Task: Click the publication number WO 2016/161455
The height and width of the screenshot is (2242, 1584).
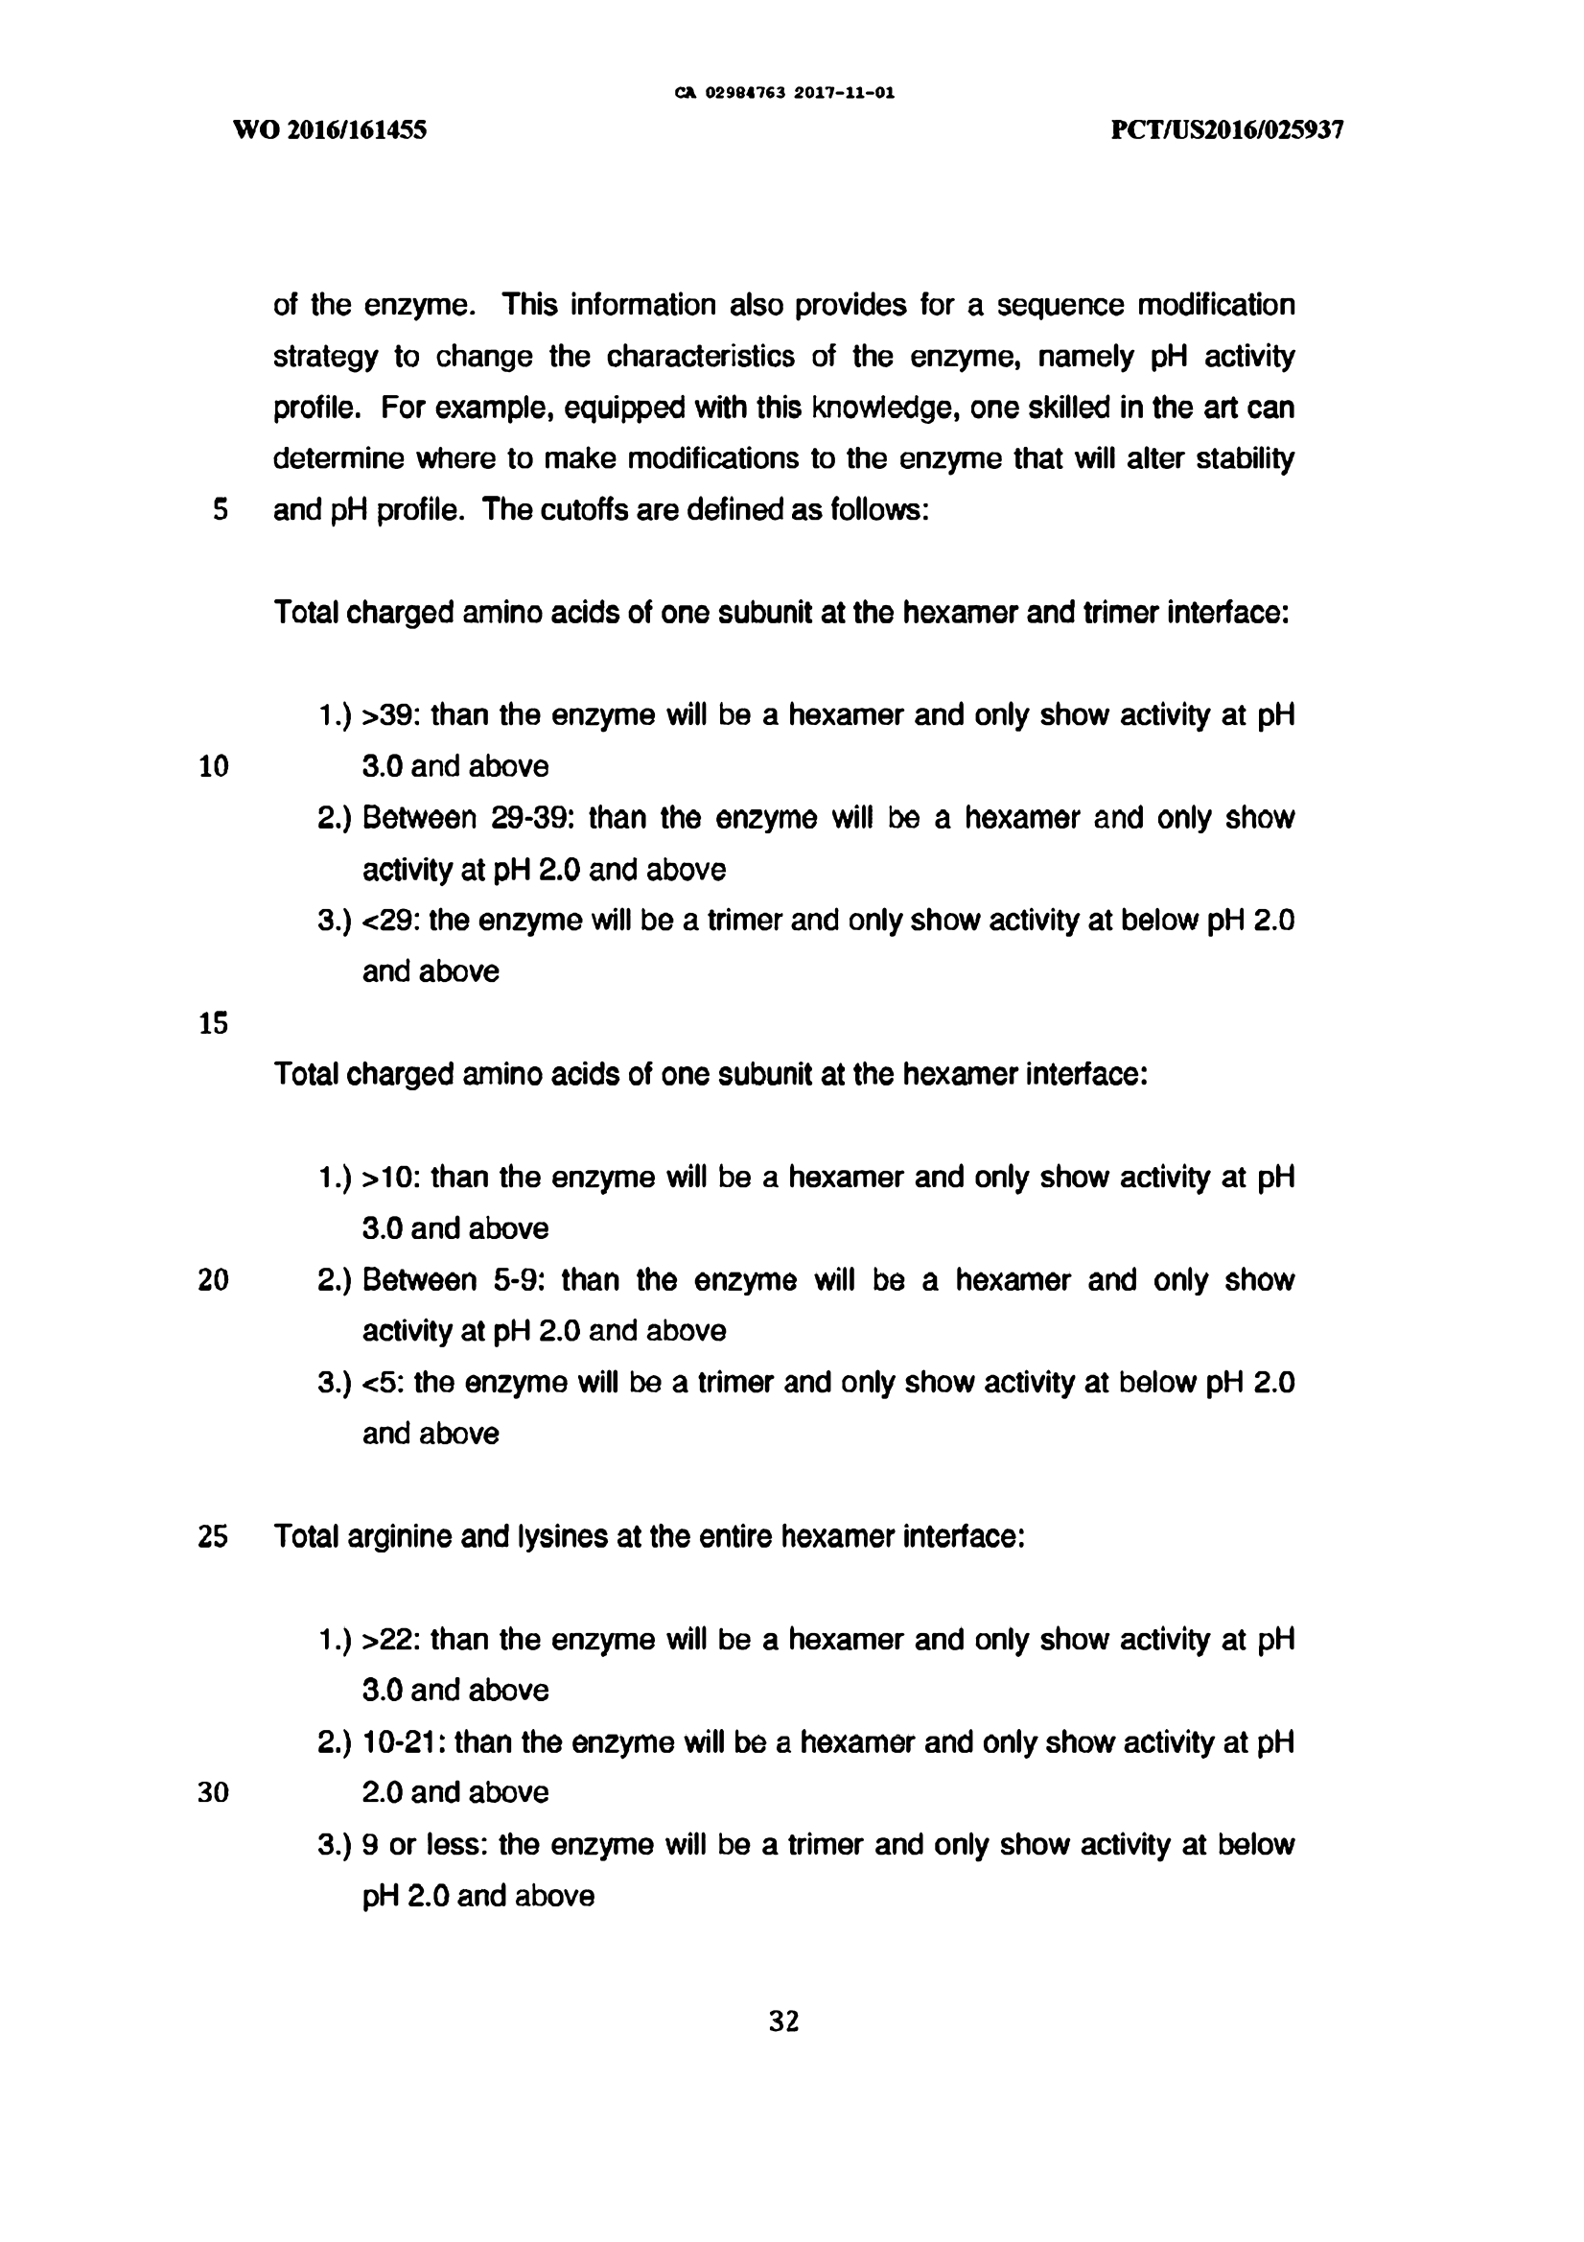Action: coord(330,129)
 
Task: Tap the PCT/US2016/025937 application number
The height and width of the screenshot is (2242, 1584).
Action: coord(1227,129)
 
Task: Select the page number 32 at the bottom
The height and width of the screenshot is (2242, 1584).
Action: coord(784,2021)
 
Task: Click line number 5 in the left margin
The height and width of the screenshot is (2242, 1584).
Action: coord(220,510)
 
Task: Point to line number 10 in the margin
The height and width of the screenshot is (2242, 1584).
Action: coord(213,766)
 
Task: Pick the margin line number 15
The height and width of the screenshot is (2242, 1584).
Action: coord(213,1023)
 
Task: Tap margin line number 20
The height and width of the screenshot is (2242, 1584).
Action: coord(213,1280)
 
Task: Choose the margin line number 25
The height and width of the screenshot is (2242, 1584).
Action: coord(213,1537)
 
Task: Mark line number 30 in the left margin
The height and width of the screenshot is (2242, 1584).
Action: coord(213,1793)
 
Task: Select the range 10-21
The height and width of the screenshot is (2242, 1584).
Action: coord(403,1742)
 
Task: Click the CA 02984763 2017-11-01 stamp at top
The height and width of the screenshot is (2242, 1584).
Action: coord(785,94)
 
